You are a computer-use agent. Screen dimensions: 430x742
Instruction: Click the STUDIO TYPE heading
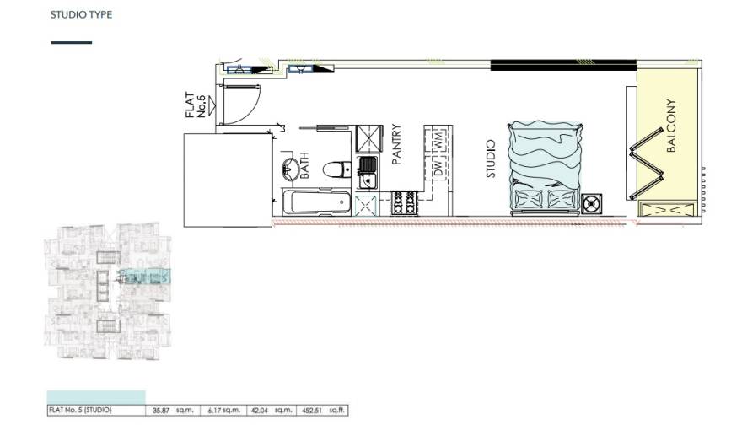(x=81, y=15)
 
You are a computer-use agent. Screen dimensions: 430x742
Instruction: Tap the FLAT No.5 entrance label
(x=196, y=106)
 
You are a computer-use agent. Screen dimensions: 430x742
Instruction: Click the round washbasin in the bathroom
(x=288, y=166)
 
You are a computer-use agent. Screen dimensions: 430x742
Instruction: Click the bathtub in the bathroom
(x=315, y=203)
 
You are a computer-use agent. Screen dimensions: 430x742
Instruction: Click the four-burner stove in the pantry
(x=404, y=202)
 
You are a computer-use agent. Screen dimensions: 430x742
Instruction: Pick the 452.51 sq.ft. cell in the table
(x=323, y=411)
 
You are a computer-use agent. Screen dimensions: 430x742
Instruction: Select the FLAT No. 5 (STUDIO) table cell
(x=80, y=411)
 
